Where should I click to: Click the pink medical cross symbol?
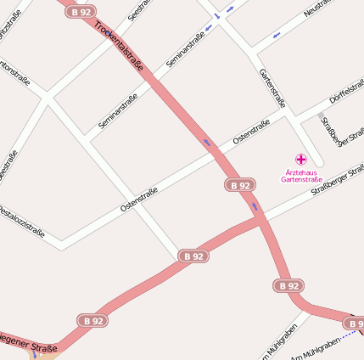pyautogui.click(x=300, y=159)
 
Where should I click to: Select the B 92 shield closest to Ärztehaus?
pyautogui.click(x=240, y=185)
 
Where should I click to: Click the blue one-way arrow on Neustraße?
pyautogui.click(x=277, y=35)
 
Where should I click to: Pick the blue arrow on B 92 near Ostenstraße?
pyautogui.click(x=206, y=142)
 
